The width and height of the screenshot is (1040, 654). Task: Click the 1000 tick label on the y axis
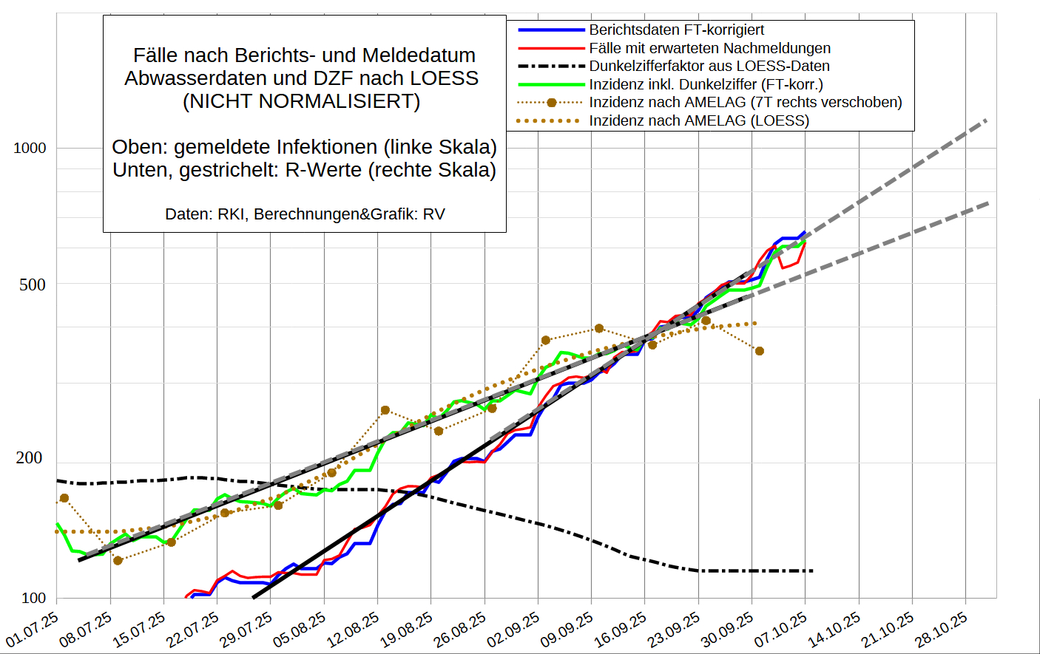click(30, 148)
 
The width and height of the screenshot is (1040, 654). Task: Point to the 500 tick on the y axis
click(32, 285)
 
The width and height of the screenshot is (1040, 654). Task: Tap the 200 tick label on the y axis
click(30, 458)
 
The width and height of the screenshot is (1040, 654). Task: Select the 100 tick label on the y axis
click(33, 598)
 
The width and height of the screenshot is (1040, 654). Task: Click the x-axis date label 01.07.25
click(33, 629)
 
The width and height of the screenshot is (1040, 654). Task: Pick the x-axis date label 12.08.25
click(354, 629)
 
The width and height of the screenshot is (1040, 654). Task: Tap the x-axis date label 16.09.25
click(621, 629)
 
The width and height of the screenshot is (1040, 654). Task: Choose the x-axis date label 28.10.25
click(941, 629)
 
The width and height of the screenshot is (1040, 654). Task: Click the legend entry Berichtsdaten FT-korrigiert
click(676, 30)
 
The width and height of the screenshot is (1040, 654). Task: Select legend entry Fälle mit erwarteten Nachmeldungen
click(709, 48)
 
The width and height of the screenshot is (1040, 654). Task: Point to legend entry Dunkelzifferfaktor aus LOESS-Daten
click(709, 66)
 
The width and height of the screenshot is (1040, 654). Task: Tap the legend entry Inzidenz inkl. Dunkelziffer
click(706, 84)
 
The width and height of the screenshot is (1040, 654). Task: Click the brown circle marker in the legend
click(551, 103)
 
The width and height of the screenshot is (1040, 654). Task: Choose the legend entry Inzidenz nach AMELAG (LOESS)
click(698, 120)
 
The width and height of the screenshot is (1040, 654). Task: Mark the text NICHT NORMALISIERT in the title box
click(301, 101)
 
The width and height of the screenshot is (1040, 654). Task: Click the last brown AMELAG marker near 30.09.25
click(760, 351)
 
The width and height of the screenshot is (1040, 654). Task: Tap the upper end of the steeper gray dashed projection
click(986, 120)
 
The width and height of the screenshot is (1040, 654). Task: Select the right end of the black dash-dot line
click(812, 570)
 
